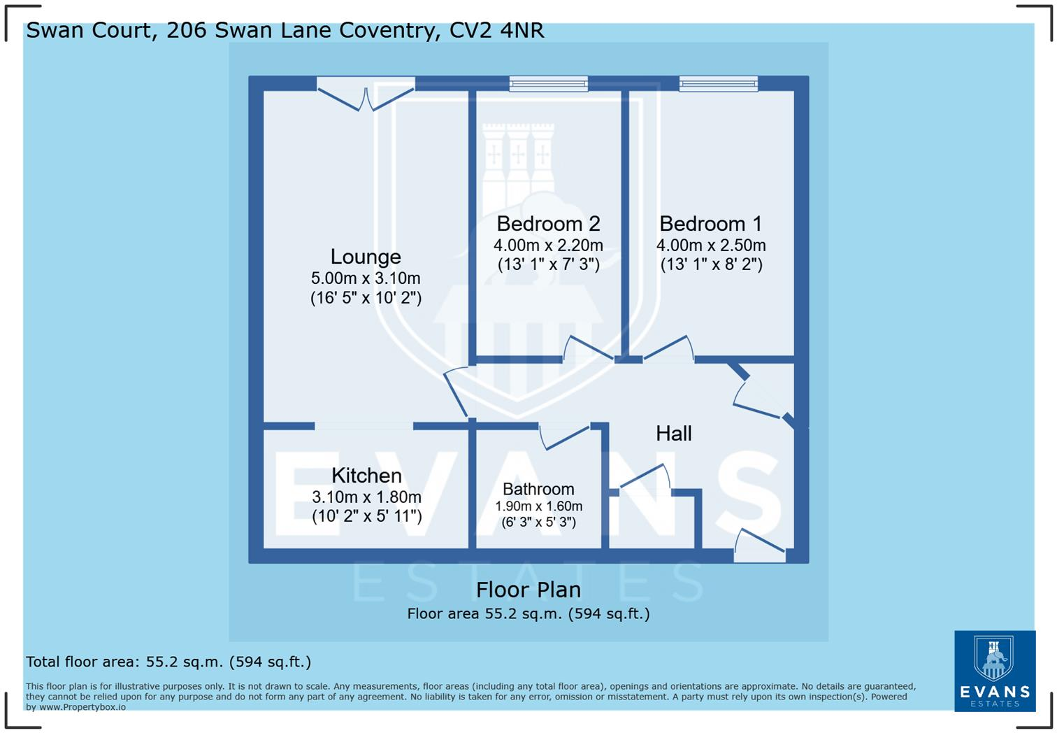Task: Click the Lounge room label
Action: click(366, 257)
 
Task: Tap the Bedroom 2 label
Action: click(548, 224)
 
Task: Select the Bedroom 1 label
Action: click(711, 224)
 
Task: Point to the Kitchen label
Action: click(366, 476)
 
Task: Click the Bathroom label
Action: click(538, 489)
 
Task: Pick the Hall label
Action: click(674, 433)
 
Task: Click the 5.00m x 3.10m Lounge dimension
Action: click(366, 278)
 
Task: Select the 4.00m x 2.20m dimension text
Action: click(548, 245)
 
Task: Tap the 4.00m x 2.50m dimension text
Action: click(711, 245)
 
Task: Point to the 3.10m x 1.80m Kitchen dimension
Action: click(366, 497)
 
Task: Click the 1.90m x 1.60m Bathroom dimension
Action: click(538, 506)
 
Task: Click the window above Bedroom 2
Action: click(548, 83)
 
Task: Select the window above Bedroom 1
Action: click(718, 83)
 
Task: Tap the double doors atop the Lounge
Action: click(366, 94)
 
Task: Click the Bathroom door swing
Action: click(564, 436)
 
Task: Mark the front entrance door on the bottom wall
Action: click(760, 546)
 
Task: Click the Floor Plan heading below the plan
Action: click(528, 590)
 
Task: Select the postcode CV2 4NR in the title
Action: click(497, 31)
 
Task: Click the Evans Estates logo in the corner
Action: click(995, 671)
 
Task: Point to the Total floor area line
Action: click(168, 662)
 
